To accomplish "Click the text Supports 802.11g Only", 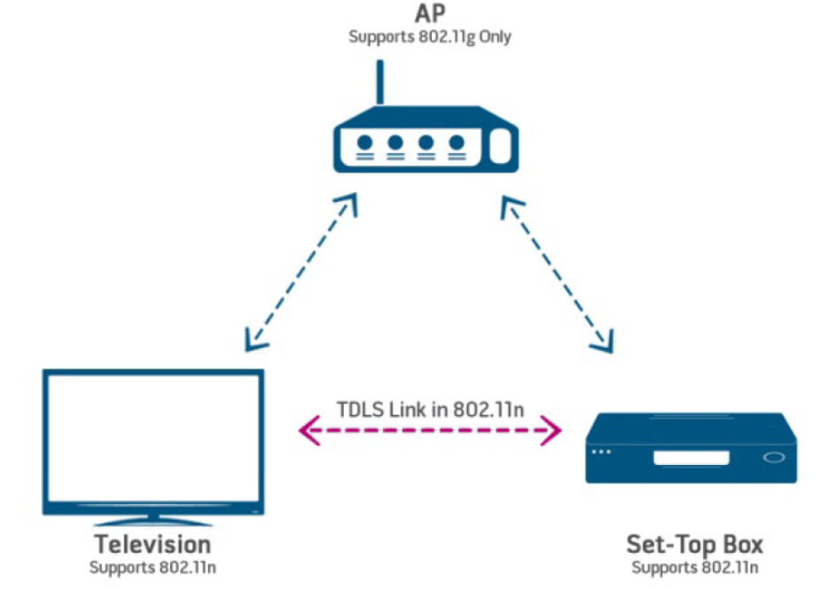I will (430, 37).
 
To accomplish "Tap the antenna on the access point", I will (380, 83).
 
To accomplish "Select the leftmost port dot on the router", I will (364, 142).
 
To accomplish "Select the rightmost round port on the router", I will (457, 142).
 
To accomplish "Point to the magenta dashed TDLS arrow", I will (431, 432).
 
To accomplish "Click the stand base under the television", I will (153, 518).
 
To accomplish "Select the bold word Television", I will (152, 543).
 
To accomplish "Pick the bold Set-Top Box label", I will (694, 543).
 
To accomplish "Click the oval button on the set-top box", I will (773, 458).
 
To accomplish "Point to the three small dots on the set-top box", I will (602, 453).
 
